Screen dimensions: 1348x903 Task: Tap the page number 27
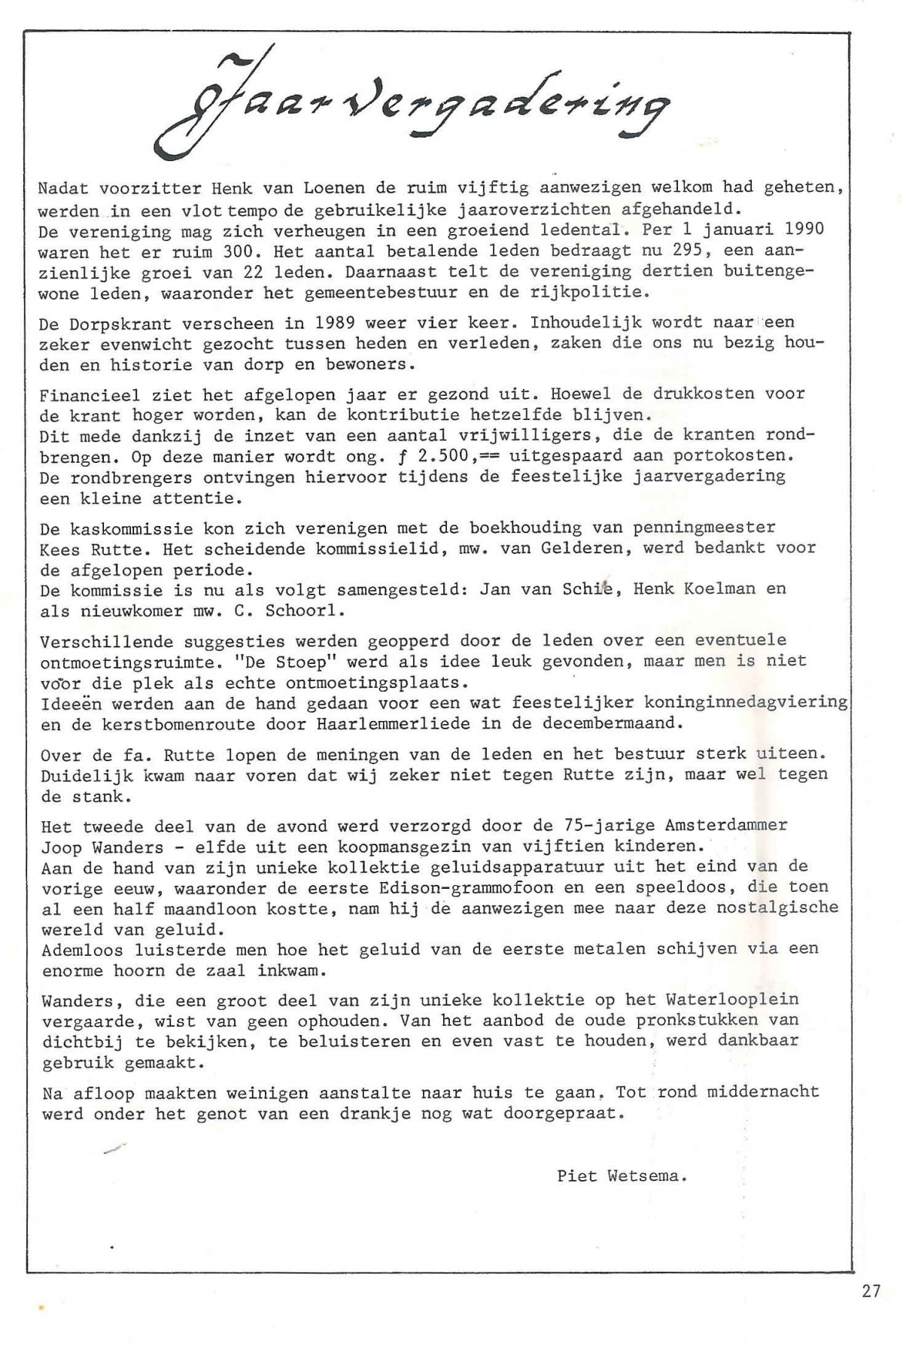coord(871,1292)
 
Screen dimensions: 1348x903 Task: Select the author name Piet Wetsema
coord(622,1176)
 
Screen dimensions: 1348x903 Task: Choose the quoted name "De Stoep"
coord(265,662)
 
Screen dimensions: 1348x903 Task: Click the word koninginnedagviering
coord(745,703)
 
